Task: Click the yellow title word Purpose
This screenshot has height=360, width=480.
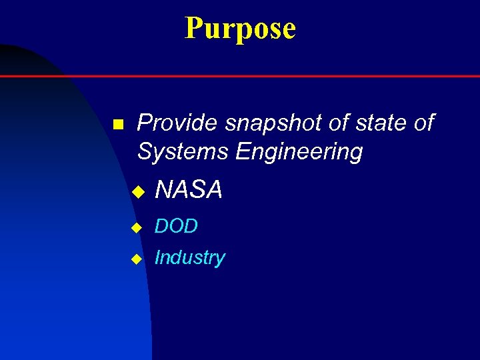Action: pyautogui.click(x=240, y=29)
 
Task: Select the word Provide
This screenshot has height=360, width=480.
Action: pyautogui.click(x=177, y=123)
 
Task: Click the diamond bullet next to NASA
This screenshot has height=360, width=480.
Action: pyautogui.click(x=137, y=193)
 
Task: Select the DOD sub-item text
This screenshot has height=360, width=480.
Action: pyautogui.click(x=176, y=227)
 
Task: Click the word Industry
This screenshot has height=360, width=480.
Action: pyautogui.click(x=189, y=258)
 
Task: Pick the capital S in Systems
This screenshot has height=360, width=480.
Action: pyautogui.click(x=145, y=152)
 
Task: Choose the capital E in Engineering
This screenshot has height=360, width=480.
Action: pyautogui.click(x=242, y=152)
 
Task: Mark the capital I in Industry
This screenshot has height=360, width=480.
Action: pyautogui.click(x=157, y=258)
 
